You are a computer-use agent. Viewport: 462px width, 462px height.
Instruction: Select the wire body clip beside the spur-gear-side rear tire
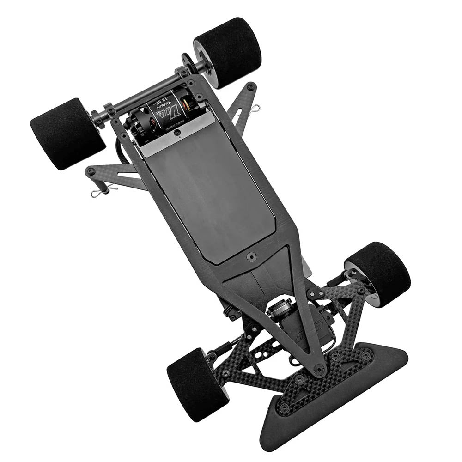click(x=255, y=109)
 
